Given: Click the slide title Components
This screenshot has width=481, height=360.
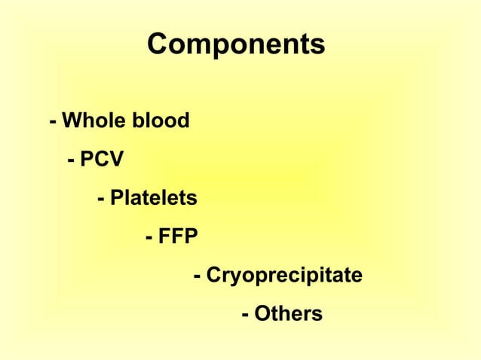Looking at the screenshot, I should point(236,44).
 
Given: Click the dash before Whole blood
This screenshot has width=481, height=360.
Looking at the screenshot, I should point(53,122).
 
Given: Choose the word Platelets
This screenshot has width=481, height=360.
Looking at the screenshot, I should point(153,199).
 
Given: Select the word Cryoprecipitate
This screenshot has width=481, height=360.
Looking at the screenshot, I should point(284,276).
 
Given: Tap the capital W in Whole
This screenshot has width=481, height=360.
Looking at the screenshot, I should point(72,121).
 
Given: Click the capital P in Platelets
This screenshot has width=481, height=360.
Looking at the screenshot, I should point(115,199).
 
